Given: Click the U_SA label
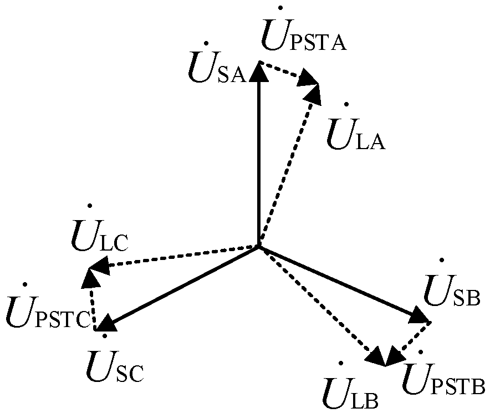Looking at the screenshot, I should pyautogui.click(x=217, y=68).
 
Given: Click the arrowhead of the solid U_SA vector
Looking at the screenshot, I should pyautogui.click(x=259, y=71).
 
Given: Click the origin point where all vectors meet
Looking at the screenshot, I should pyautogui.click(x=259, y=246).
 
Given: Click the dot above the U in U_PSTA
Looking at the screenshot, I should pyautogui.click(x=280, y=8).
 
